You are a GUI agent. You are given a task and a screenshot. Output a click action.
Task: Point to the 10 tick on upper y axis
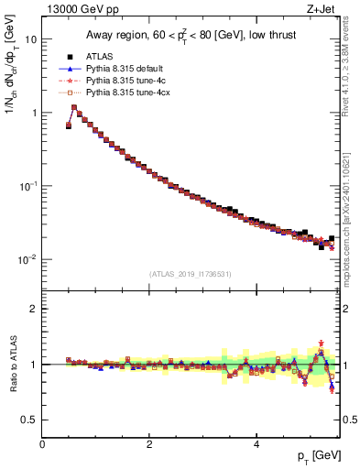click(30, 39)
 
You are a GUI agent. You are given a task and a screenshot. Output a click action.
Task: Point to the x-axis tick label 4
click(256, 444)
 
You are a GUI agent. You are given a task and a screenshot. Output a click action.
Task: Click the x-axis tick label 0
click(42, 444)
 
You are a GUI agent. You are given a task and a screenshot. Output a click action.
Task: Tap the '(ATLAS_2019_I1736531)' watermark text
click(191, 274)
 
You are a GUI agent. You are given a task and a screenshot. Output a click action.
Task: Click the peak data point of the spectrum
click(74, 107)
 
